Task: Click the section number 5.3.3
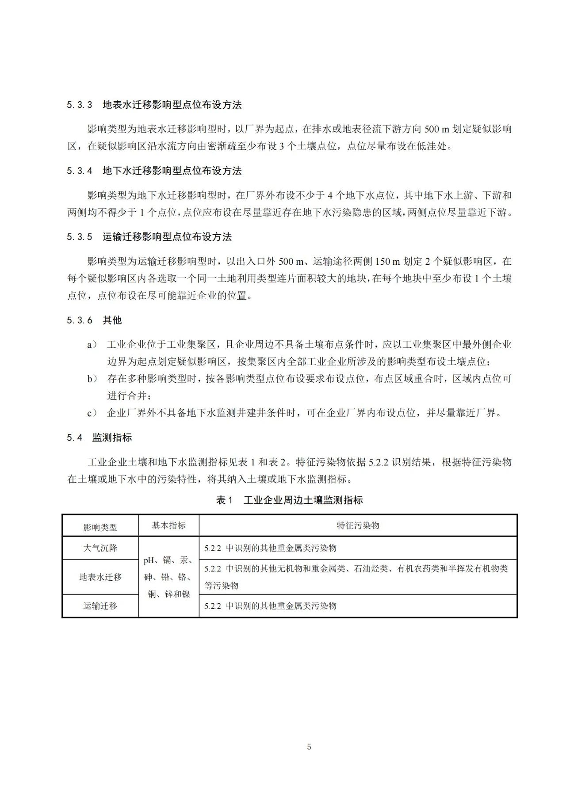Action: (x=80, y=105)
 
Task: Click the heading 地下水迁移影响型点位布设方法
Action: (x=172, y=171)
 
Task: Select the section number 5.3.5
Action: (x=80, y=237)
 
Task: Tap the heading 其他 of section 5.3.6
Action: (x=112, y=320)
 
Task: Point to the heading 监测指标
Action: (x=112, y=438)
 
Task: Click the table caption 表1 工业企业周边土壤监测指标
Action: (x=289, y=500)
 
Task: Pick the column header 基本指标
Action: (x=168, y=526)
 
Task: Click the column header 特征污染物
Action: (x=358, y=526)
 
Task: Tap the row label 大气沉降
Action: (x=100, y=548)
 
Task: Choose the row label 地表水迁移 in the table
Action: (x=100, y=577)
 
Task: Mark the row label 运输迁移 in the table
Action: (x=100, y=606)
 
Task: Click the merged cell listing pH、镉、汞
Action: (x=168, y=577)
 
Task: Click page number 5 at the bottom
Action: (x=309, y=747)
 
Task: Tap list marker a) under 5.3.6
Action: (x=92, y=345)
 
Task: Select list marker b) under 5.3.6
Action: (x=92, y=379)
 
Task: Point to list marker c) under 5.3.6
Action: (x=92, y=413)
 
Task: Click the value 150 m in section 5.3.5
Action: (x=387, y=262)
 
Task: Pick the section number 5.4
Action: (x=75, y=438)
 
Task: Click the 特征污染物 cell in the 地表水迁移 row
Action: (x=356, y=577)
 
